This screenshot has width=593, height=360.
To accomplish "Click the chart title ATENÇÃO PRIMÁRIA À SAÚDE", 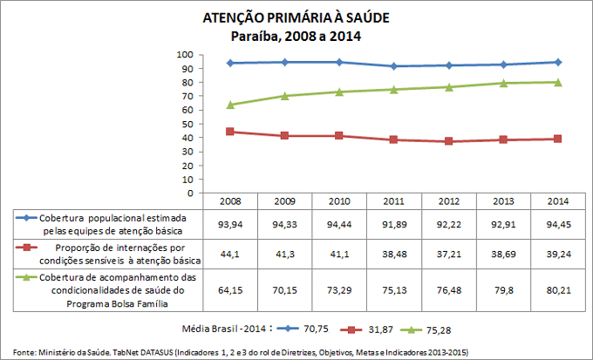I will point(296,18).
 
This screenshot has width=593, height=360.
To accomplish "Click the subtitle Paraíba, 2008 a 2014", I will point(296,36).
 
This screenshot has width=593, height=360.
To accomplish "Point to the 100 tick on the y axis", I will point(186,54).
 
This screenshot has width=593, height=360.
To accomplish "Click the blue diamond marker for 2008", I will point(230,63).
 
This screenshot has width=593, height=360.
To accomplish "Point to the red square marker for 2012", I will point(448,141).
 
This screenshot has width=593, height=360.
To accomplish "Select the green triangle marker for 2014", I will point(557,82).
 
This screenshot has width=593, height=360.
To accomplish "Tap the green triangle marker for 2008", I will point(230,105).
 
